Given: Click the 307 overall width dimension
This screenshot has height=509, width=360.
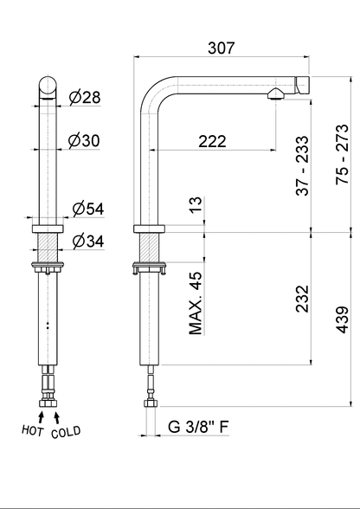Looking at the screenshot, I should pos(222,49).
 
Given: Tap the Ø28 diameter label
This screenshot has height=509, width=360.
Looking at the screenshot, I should pos(84,99).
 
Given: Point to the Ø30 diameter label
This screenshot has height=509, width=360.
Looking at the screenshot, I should pos(84,140).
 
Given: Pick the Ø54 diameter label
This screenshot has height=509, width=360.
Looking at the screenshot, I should pos(89,209).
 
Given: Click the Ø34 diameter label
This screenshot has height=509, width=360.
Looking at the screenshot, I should pos(89,241).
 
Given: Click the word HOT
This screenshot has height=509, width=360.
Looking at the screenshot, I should pos(33,430).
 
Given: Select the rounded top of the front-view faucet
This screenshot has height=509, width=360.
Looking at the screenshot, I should pos(47,87).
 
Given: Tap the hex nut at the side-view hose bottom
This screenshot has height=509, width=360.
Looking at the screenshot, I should pos(151,403).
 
